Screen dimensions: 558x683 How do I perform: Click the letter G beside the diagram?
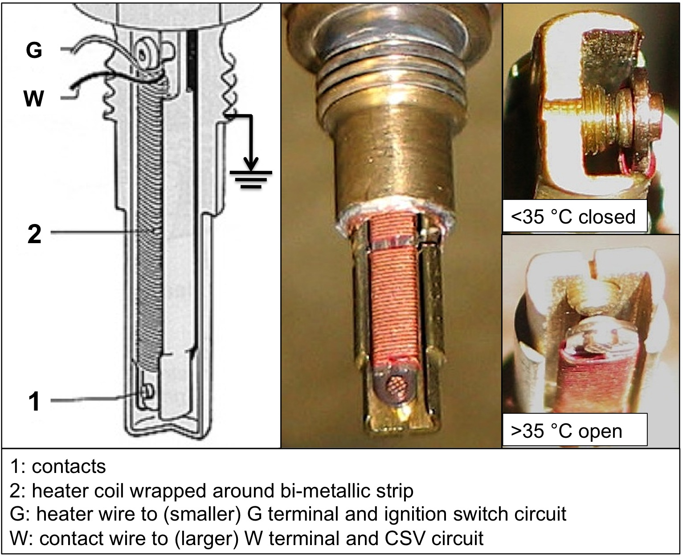tap(34, 50)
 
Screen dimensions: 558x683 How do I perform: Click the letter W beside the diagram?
tap(34, 98)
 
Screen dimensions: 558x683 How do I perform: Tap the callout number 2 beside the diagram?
tap(34, 234)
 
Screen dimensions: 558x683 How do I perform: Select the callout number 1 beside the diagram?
tap(34, 401)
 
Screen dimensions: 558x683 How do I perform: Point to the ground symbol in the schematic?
tap(251, 178)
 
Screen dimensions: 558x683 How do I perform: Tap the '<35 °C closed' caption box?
tap(574, 217)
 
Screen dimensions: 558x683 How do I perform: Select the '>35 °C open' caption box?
tap(574, 431)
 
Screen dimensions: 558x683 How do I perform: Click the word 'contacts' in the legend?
tap(69, 467)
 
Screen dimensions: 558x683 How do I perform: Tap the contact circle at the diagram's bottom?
tap(147, 391)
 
